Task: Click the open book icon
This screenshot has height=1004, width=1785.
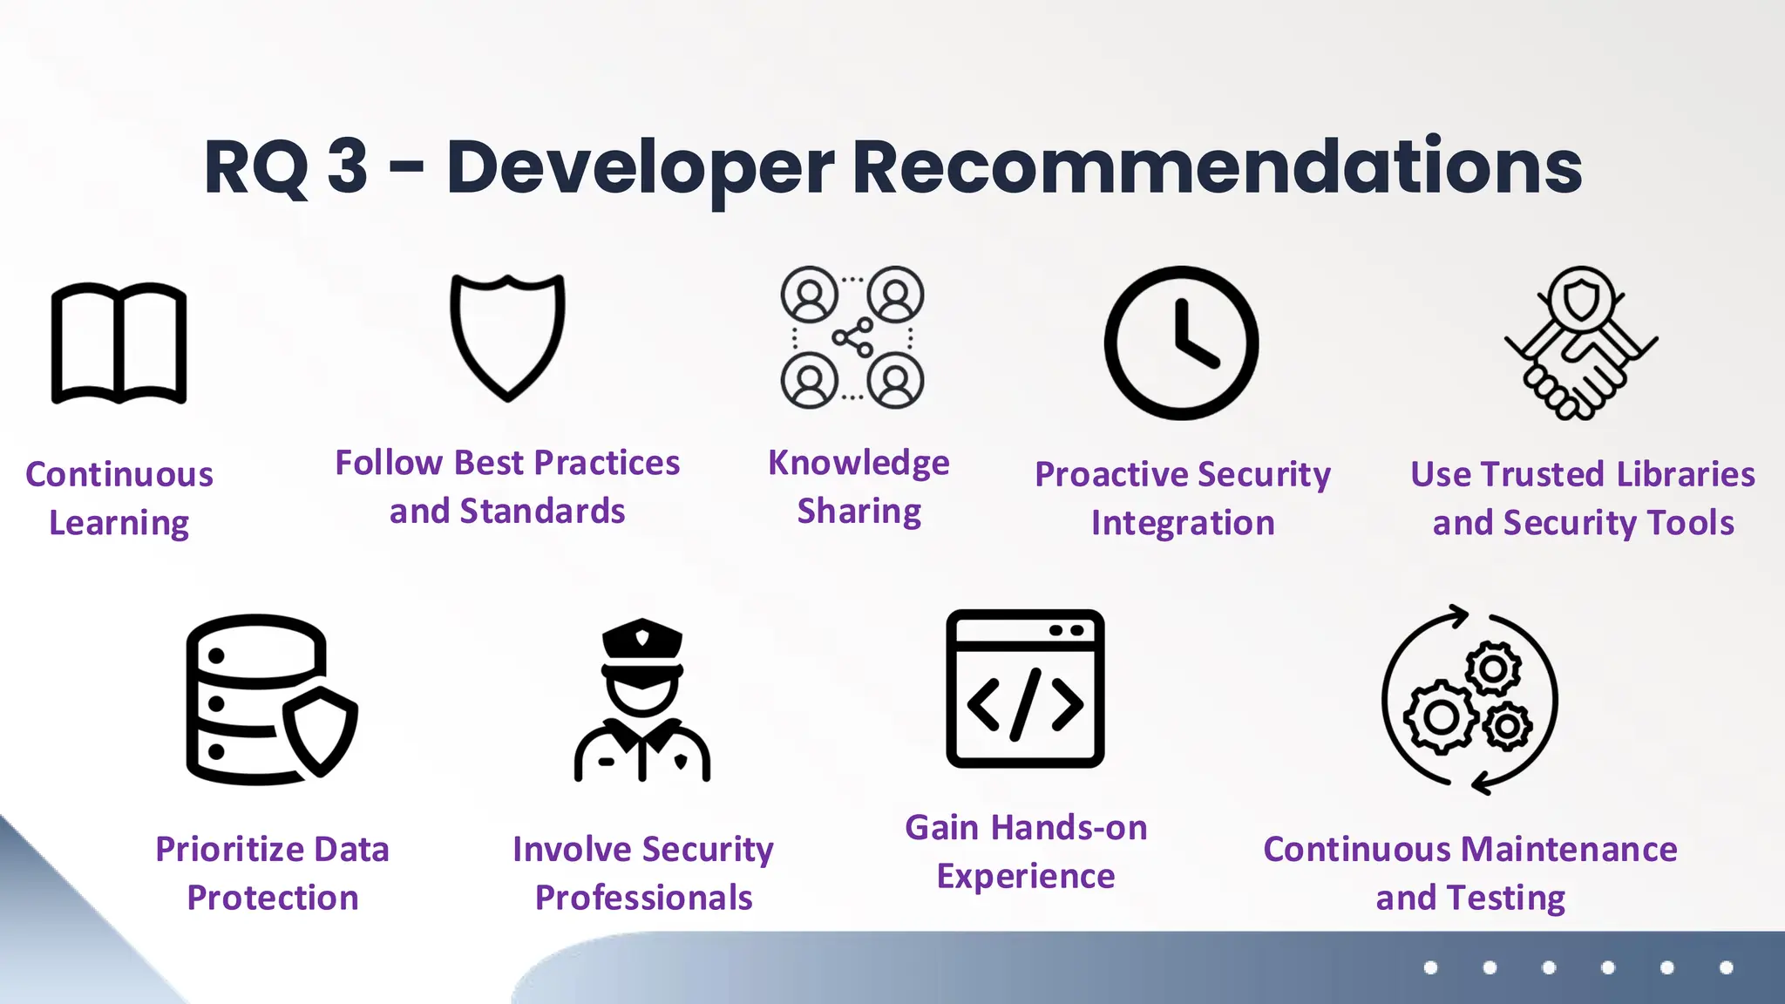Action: (119, 343)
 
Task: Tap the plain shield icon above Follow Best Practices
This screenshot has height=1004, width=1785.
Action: (507, 336)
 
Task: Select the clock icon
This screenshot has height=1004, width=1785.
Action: (1181, 343)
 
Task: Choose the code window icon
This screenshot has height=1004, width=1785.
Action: (1025, 689)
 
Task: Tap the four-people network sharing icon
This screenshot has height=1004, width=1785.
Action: (852, 337)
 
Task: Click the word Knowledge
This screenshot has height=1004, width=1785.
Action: (859, 464)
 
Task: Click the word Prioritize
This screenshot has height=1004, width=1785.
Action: (228, 850)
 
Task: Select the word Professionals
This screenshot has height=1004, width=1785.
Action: (643, 898)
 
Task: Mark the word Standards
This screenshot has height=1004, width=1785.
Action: (542, 512)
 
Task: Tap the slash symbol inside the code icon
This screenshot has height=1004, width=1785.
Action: (1026, 704)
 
